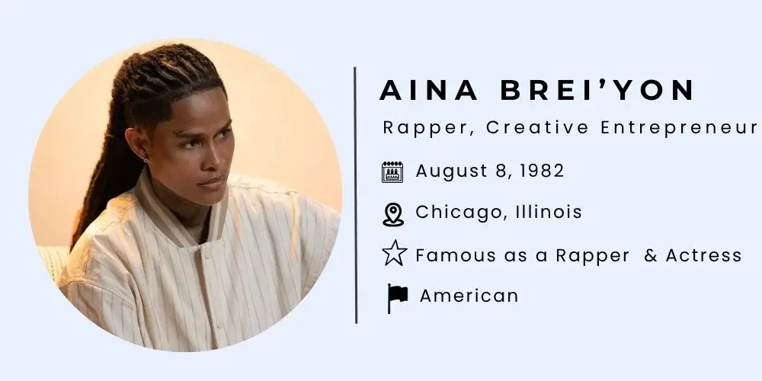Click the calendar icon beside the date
pyautogui.click(x=392, y=171)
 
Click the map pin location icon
pyautogui.click(x=392, y=213)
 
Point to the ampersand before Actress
pyautogui.click(x=651, y=255)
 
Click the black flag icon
pyautogui.click(x=397, y=298)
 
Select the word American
pyautogui.click(x=469, y=296)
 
